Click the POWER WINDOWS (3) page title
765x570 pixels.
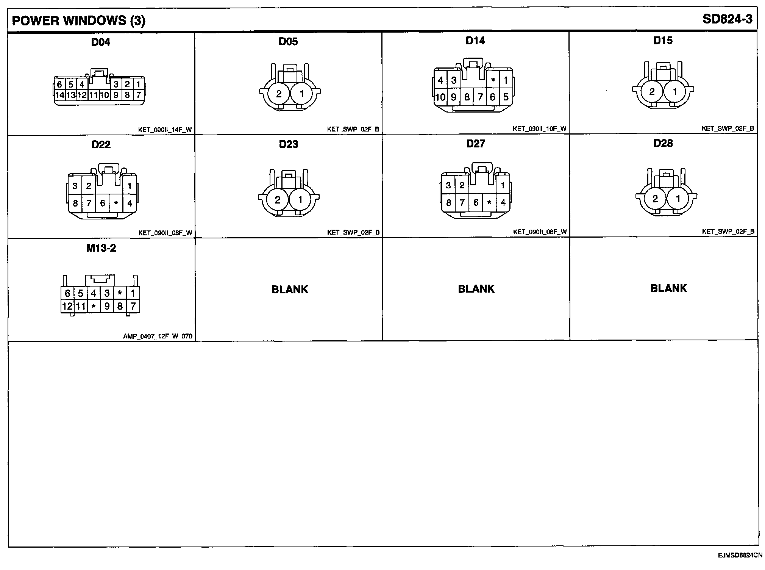pyautogui.click(x=78, y=20)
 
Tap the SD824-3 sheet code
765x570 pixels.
pyautogui.click(x=727, y=19)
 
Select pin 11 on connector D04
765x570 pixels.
pyautogui.click(x=94, y=95)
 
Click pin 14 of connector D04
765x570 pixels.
pyautogui.click(x=59, y=95)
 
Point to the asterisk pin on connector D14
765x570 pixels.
pyautogui.click(x=493, y=80)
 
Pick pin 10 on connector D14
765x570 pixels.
pyautogui.click(x=440, y=97)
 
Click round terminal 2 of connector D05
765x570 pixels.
pyautogui.click(x=279, y=94)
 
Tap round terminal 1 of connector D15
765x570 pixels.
pyautogui.click(x=675, y=91)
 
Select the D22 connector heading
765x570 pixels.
pyautogui.click(x=101, y=144)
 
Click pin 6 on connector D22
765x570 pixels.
pyautogui.click(x=102, y=203)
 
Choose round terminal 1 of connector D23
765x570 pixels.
pyautogui.click(x=300, y=200)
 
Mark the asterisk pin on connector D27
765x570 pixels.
pyautogui.click(x=489, y=203)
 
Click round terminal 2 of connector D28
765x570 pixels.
pyautogui.click(x=655, y=199)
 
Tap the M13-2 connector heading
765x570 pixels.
pyautogui.click(x=101, y=248)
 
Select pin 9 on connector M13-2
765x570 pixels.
pyautogui.click(x=107, y=306)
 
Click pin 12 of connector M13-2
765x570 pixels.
pyautogui.click(x=67, y=306)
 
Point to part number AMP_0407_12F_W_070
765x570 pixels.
pyautogui.click(x=158, y=336)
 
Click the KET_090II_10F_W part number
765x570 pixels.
pyautogui.click(x=539, y=129)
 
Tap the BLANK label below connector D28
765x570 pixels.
pyautogui.click(x=668, y=288)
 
